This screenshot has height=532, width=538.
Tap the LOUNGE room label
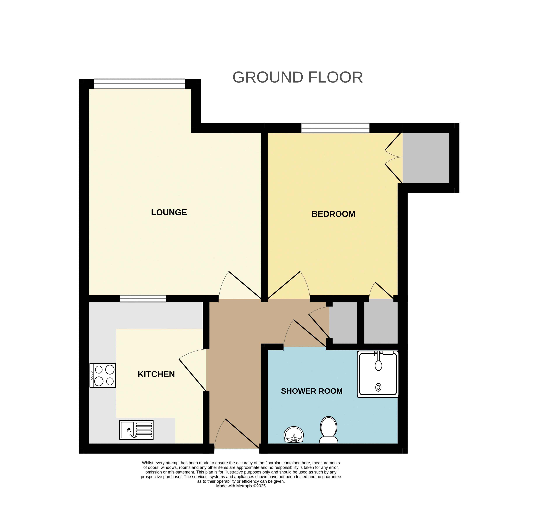point(169,212)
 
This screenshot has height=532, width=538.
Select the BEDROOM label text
point(333,214)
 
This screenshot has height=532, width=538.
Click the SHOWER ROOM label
point(312,391)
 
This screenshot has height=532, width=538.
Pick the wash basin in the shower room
point(294,434)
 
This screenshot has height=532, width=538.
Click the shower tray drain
point(378,387)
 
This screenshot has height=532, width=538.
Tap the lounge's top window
point(139,84)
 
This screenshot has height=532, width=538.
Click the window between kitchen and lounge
point(143,299)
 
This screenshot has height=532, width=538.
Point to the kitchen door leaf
point(192,375)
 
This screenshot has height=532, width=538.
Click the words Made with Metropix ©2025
point(241,486)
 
